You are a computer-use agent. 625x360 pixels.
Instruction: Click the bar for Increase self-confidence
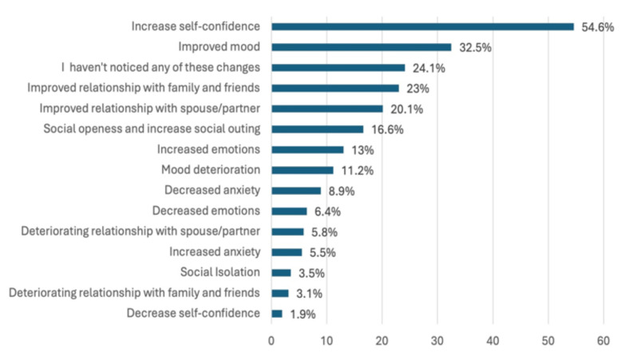(422, 26)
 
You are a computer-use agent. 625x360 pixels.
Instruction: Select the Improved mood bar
(362, 47)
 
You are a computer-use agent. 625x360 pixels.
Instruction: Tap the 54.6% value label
(598, 27)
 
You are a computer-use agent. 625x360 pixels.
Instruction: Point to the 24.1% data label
(429, 68)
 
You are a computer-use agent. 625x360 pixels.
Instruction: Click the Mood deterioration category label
(211, 169)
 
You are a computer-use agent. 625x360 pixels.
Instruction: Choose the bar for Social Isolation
(282, 273)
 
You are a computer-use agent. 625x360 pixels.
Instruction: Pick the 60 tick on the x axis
(603, 341)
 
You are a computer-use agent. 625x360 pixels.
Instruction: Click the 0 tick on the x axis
(271, 341)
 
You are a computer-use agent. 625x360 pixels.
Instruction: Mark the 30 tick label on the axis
(437, 341)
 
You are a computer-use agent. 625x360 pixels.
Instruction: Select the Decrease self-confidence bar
(277, 314)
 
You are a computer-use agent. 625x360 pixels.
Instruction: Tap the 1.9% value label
(303, 315)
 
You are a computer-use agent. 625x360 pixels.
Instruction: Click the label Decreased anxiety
(212, 190)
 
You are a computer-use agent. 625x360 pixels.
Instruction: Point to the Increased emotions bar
(308, 149)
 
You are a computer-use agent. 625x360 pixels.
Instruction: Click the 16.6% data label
(387, 129)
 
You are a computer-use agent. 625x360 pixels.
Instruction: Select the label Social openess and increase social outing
(152, 129)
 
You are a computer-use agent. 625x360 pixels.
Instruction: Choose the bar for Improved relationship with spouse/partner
(327, 109)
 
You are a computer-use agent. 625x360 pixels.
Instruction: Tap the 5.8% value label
(324, 232)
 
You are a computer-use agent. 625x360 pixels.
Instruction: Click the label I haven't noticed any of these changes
(160, 67)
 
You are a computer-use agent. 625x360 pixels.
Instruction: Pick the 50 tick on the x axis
(548, 341)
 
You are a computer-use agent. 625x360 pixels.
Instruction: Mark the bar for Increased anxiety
(287, 252)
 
